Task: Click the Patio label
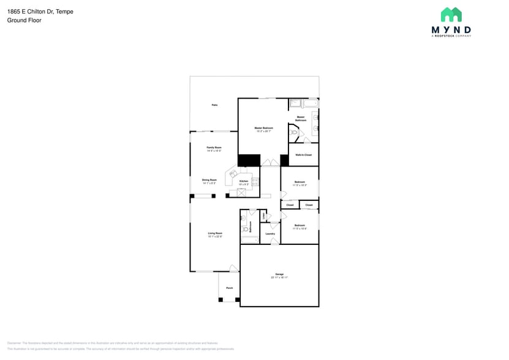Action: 214,105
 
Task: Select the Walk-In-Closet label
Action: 303,155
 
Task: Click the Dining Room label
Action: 209,181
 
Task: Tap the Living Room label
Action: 214,234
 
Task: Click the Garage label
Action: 279,275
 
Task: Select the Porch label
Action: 229,288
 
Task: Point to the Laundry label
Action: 270,233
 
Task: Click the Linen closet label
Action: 263,216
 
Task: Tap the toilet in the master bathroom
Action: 294,132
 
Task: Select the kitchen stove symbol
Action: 254,181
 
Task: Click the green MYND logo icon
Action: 451,15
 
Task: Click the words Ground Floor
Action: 24,20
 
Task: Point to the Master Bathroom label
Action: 301,118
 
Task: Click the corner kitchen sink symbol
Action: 233,174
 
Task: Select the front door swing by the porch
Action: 233,268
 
